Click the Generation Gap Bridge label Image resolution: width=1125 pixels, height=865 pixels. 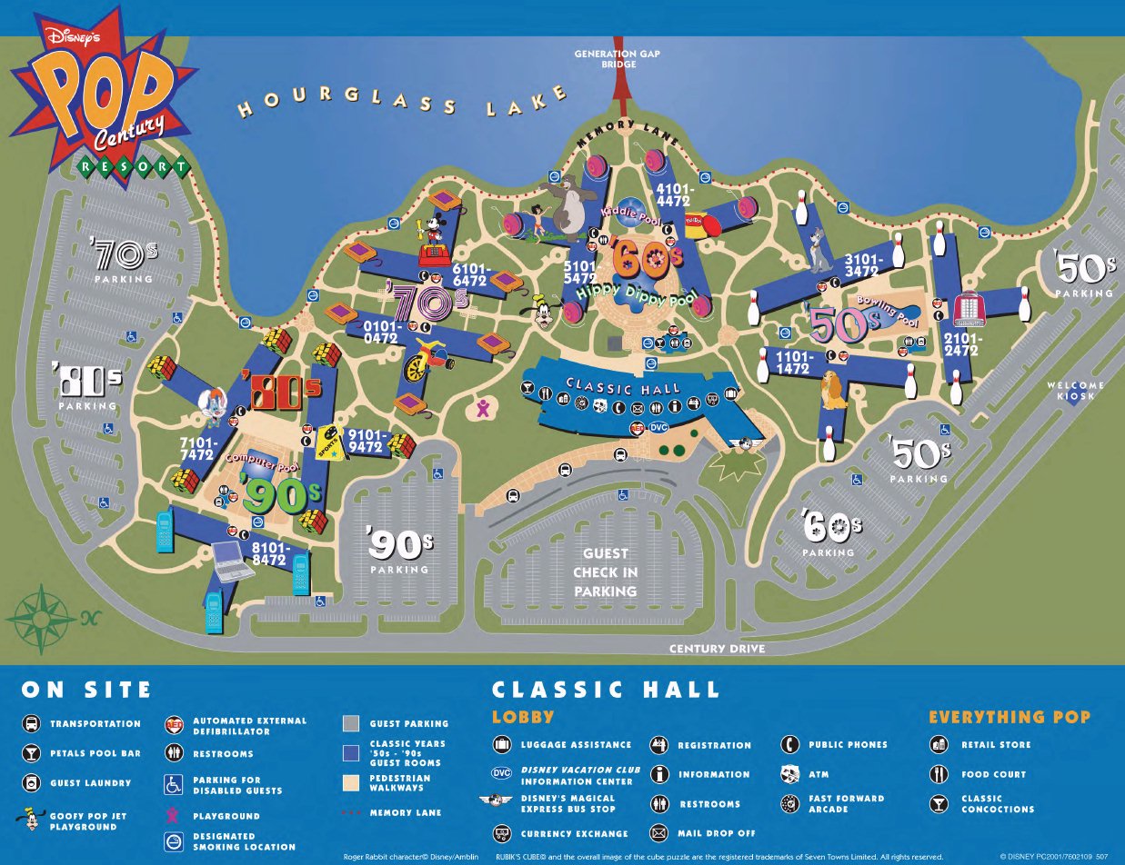618,59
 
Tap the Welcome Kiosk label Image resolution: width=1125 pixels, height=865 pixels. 1075,390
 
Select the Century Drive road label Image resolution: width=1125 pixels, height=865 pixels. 717,649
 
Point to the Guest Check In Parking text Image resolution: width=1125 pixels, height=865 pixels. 605,572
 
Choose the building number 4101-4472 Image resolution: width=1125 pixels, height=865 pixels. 673,195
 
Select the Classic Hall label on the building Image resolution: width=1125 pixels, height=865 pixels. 623,386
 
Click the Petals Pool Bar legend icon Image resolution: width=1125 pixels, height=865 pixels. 31,753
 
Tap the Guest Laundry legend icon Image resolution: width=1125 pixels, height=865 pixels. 31,782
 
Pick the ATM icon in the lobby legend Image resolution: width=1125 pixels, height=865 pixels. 790,774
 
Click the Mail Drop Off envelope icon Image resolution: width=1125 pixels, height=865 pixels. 658,833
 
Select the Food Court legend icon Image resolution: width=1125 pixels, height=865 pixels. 939,774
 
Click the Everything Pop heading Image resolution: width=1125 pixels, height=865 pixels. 1009,717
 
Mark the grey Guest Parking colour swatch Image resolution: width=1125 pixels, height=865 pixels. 351,724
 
